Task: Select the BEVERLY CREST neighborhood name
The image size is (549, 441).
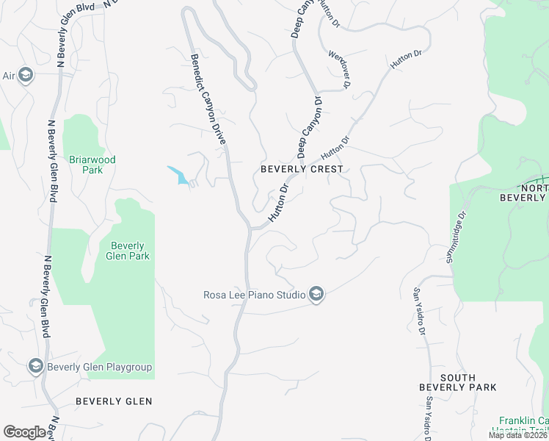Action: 302,169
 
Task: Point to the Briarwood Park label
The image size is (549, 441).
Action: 92,165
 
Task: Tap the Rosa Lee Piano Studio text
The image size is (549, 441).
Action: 254,295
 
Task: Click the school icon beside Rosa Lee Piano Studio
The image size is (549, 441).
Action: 316,295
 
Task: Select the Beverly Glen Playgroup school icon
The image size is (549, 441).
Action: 34,366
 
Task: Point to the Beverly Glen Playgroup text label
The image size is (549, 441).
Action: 100,367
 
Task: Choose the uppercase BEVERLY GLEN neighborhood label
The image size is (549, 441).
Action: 114,401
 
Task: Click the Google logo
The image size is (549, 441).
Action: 25,432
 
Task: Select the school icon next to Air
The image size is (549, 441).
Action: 26,75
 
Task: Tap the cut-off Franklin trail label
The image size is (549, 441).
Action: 525,426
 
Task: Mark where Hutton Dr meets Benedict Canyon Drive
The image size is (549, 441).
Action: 252,229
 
